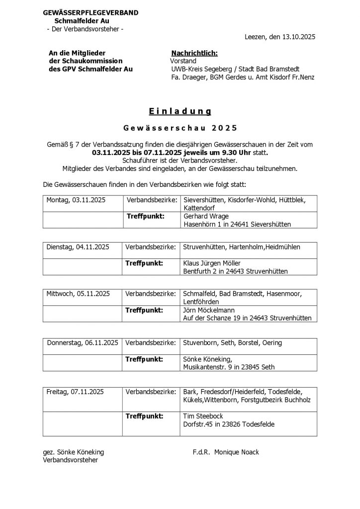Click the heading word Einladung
pyautogui.click(x=180, y=111)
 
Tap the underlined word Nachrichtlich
pyautogui.click(x=194, y=53)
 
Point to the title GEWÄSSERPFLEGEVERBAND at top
pyautogui.click(x=91, y=12)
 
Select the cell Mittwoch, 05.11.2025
pyautogui.click(x=78, y=293)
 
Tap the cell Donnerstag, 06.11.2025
pyautogui.click(x=83, y=342)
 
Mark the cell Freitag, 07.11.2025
pyautogui.click(x=75, y=392)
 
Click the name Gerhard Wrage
pyautogui.click(x=206, y=216)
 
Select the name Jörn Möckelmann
pyautogui.click(x=209, y=310)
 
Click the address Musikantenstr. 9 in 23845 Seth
pyautogui.click(x=229, y=367)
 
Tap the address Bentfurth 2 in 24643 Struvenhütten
pyautogui.click(x=235, y=271)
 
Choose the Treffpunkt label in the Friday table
pyautogui.click(x=145, y=416)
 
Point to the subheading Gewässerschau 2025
pyautogui.click(x=180, y=128)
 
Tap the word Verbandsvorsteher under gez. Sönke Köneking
pyautogui.click(x=71, y=460)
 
